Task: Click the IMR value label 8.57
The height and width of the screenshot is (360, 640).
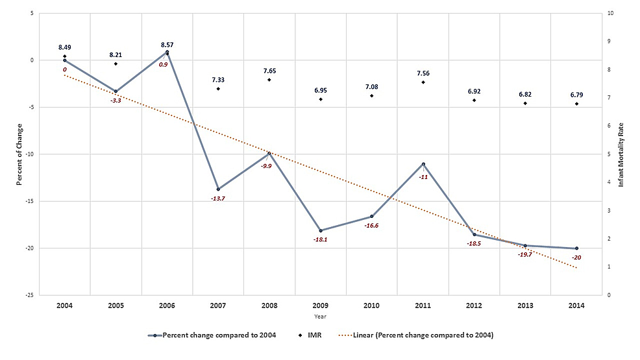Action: coord(167,45)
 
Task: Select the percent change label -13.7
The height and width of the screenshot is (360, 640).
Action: coord(218,198)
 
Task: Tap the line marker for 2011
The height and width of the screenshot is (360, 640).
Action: coord(423,164)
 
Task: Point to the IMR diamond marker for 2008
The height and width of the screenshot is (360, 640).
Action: coord(269,80)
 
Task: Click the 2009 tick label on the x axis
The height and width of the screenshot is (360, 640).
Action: coord(321,305)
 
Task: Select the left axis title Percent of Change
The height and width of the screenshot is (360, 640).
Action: coord(20,154)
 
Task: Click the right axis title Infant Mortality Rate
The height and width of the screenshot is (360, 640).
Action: coord(621,154)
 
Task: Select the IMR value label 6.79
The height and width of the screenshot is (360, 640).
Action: coord(576,95)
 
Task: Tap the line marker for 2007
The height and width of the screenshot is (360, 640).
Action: coord(218,189)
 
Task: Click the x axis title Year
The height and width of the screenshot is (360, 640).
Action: coord(321,316)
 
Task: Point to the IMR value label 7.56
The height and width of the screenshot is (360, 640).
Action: coord(423,73)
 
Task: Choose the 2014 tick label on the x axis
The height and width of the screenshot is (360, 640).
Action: coord(576,305)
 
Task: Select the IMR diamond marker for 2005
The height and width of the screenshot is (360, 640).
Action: coord(116,64)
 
